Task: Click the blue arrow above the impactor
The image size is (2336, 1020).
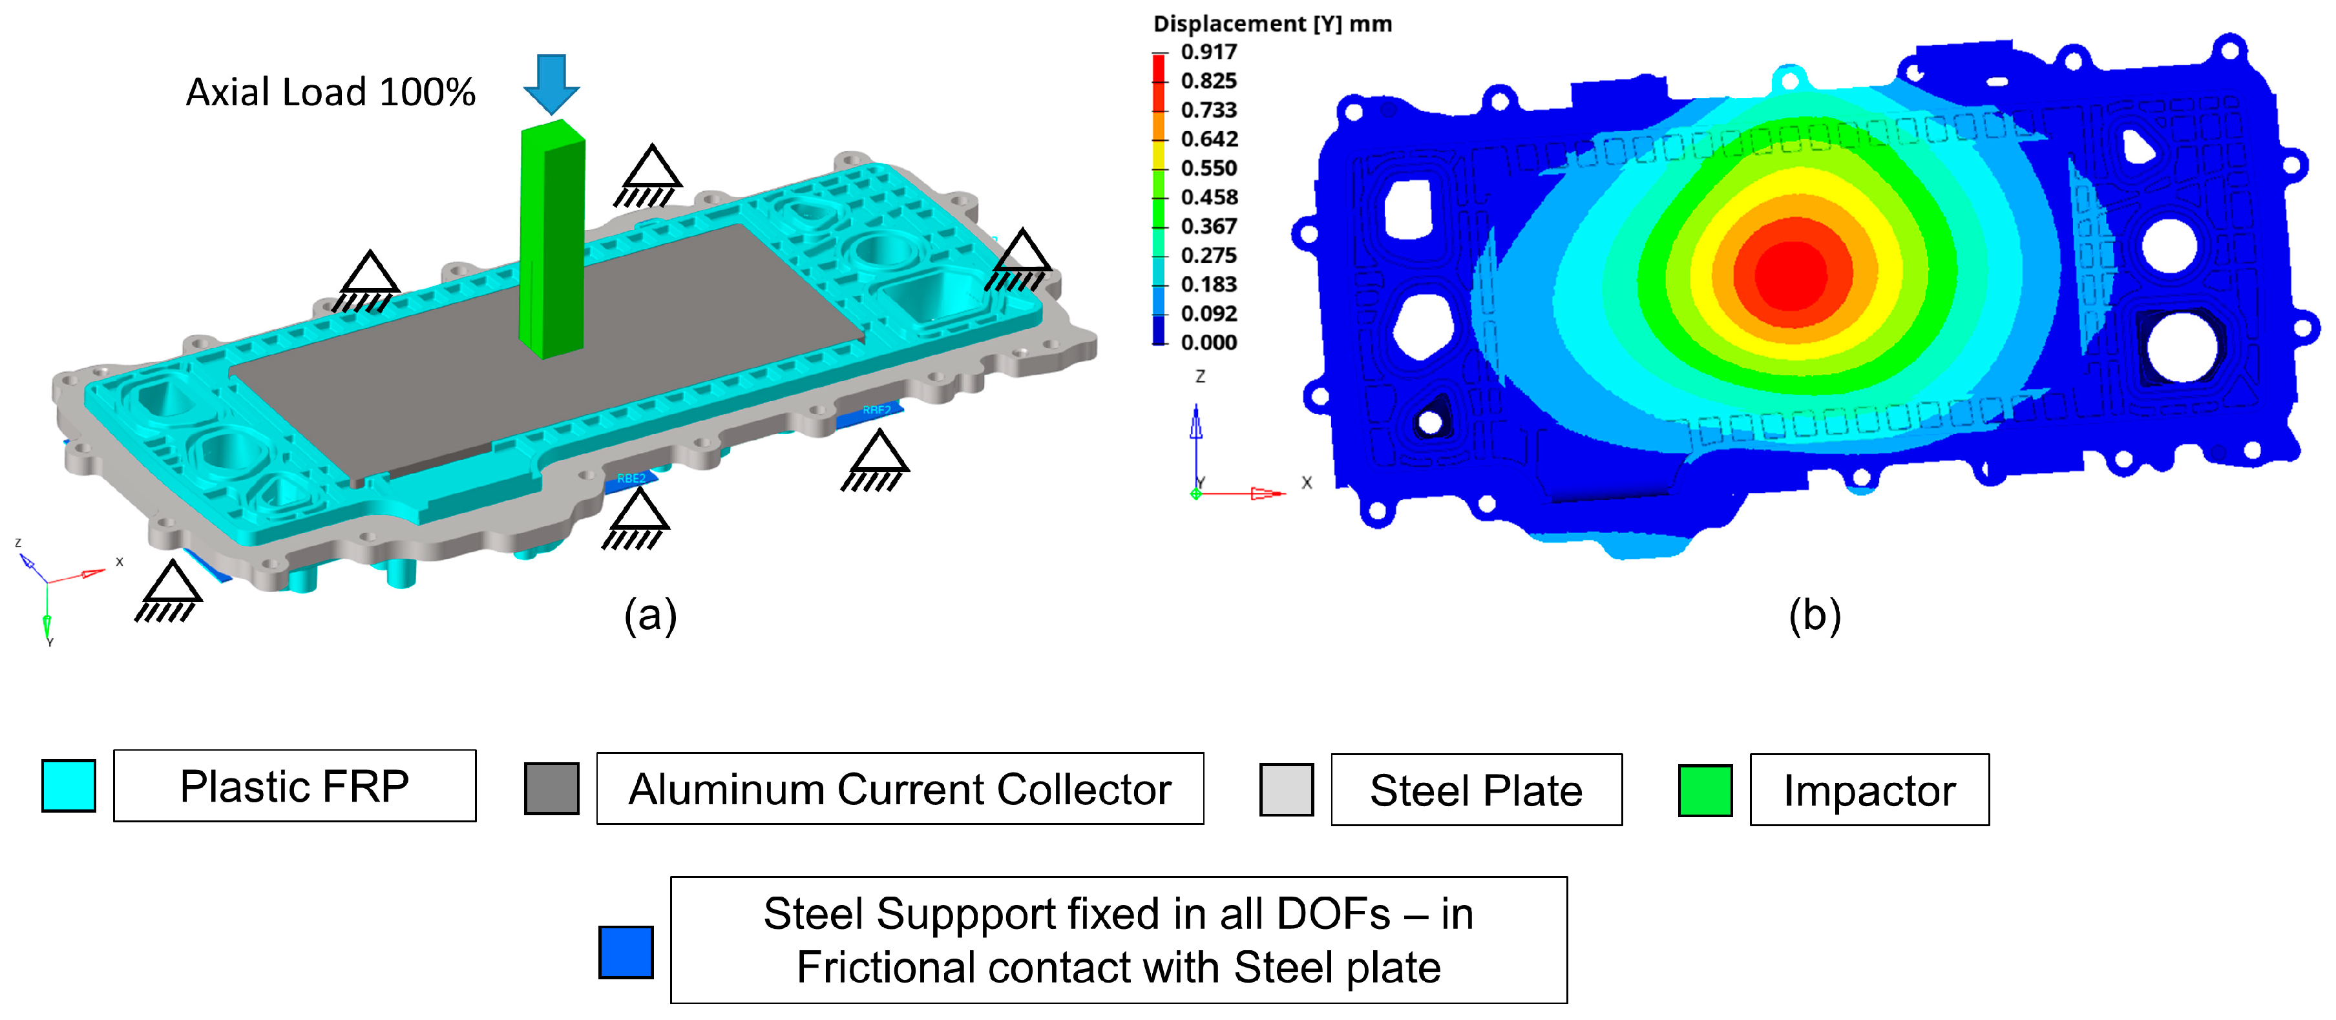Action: tap(551, 83)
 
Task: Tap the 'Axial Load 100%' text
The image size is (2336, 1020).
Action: tap(330, 92)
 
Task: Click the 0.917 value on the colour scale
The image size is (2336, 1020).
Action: tap(1209, 52)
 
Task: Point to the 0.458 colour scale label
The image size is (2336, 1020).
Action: tap(1209, 197)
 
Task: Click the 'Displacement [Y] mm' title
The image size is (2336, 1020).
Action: tap(1272, 23)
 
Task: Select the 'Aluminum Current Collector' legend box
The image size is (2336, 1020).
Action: tap(900, 789)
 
